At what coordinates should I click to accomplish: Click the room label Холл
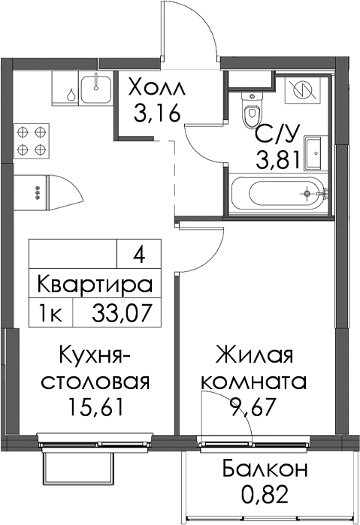tap(156, 89)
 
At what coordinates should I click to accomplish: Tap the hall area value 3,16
tap(157, 113)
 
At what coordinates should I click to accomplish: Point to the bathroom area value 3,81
tap(278, 159)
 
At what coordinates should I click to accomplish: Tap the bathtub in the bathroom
tap(286, 194)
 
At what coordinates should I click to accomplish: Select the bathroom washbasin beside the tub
tap(316, 153)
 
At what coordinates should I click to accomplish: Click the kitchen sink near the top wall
tap(96, 89)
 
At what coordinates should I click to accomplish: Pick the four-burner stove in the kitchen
tap(32, 140)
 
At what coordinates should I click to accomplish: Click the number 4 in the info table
tap(138, 257)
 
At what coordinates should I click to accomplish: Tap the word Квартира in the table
tap(95, 285)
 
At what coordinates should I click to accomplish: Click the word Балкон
tap(265, 469)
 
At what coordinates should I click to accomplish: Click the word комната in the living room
tap(253, 381)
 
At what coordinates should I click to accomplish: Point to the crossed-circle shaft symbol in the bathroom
tap(301, 89)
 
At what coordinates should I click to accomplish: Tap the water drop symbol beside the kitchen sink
tap(71, 95)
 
